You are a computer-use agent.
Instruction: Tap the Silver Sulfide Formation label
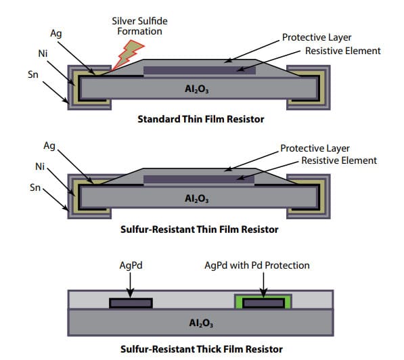pyautogui.click(x=139, y=26)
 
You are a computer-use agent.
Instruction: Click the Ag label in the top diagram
pyautogui.click(x=56, y=34)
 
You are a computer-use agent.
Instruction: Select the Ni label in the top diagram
pyautogui.click(x=43, y=53)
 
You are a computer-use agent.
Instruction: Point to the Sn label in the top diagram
pyautogui.click(x=33, y=74)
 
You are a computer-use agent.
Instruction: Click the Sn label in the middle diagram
pyautogui.click(x=35, y=187)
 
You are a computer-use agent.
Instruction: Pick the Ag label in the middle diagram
pyautogui.click(x=49, y=146)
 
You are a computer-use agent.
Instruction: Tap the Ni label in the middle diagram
pyautogui.click(x=40, y=166)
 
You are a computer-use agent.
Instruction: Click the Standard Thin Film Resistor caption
pyautogui.click(x=201, y=119)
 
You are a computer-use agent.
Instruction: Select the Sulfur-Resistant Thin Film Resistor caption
pyautogui.click(x=200, y=229)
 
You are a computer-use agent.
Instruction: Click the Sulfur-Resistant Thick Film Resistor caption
pyautogui.click(x=202, y=349)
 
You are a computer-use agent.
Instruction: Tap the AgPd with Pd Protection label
pyautogui.click(x=257, y=265)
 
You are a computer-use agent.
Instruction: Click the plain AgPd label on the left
pyautogui.click(x=131, y=265)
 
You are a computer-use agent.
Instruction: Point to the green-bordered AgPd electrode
pyautogui.click(x=263, y=302)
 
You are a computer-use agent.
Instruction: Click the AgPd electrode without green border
pyautogui.click(x=131, y=303)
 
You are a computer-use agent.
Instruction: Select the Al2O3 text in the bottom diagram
pyautogui.click(x=201, y=323)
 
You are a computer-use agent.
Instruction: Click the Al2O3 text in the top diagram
pyautogui.click(x=197, y=89)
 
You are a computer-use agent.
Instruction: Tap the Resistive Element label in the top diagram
pyautogui.click(x=342, y=51)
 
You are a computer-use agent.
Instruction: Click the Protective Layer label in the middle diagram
pyautogui.click(x=315, y=148)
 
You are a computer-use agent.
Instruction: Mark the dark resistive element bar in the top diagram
pyautogui.click(x=200, y=70)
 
